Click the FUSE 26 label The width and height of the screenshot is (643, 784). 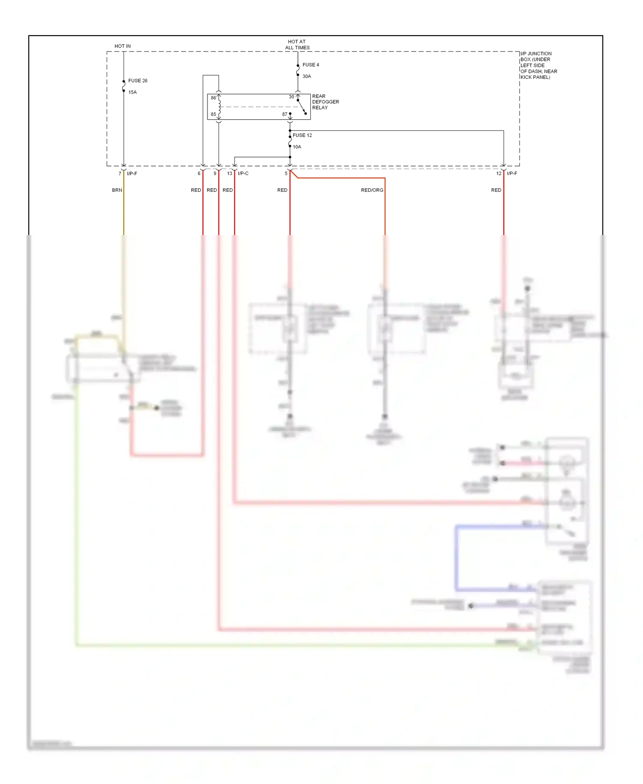(x=138, y=81)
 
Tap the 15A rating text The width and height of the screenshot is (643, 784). (x=132, y=92)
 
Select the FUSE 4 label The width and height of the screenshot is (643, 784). (x=311, y=65)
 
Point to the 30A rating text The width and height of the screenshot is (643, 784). (x=306, y=76)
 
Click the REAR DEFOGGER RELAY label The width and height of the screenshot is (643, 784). (x=325, y=102)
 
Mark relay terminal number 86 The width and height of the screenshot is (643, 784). (x=213, y=98)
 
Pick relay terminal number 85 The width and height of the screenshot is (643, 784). (x=213, y=115)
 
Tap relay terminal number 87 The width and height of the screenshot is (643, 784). (x=285, y=115)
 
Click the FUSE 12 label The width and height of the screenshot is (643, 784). (x=302, y=135)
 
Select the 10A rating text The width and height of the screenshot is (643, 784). (x=297, y=147)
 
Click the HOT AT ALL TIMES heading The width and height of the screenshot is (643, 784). (x=297, y=45)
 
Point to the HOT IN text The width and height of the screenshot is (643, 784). (x=123, y=46)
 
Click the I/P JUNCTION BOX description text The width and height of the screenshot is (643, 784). (x=538, y=65)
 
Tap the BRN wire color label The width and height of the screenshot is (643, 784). (x=117, y=190)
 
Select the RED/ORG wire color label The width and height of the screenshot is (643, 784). (x=372, y=190)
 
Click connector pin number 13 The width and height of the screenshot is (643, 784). (x=229, y=173)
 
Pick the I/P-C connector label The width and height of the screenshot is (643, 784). (x=243, y=173)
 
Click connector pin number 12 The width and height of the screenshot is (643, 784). (x=499, y=173)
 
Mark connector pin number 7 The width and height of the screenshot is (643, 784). (x=120, y=173)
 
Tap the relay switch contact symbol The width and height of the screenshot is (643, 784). (x=302, y=107)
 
